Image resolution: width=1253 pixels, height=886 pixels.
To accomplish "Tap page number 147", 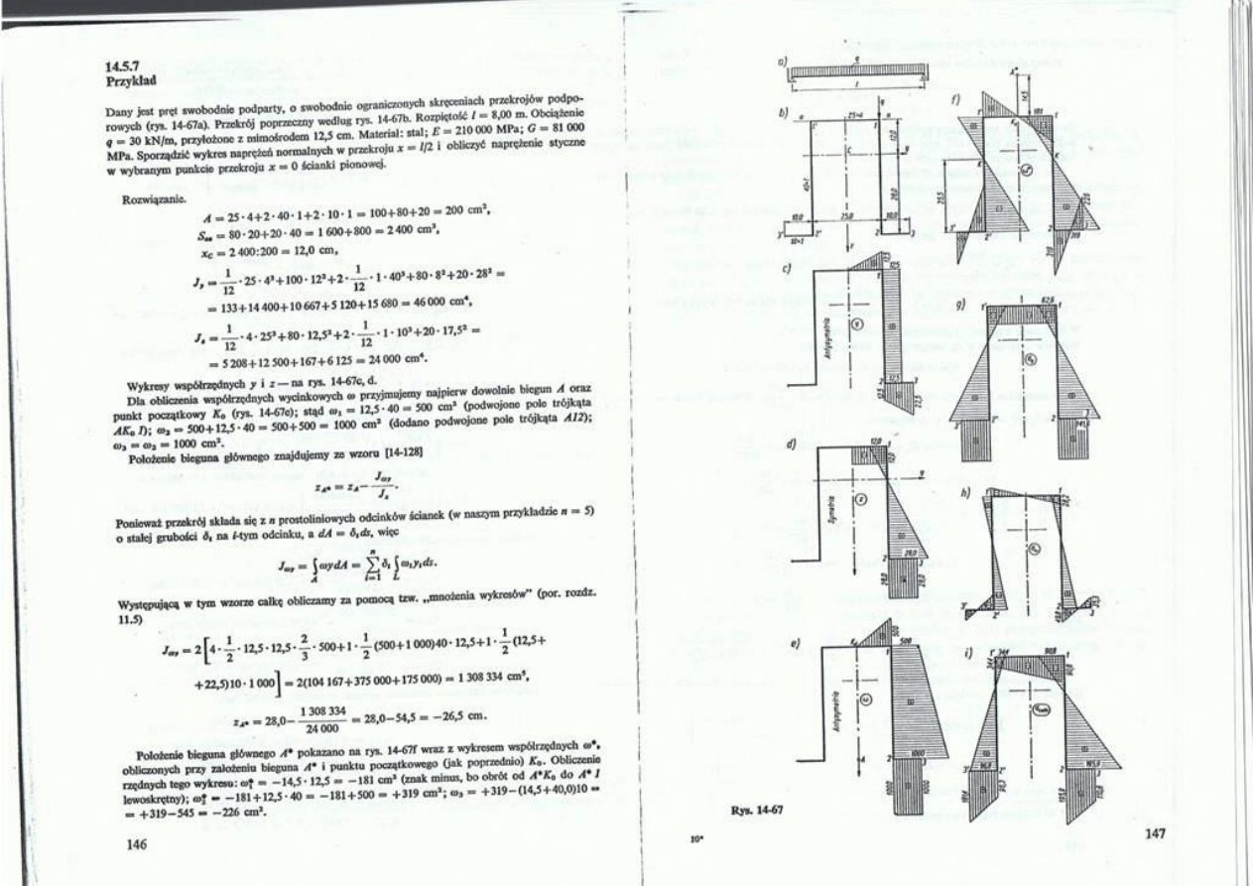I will [x=1153, y=834].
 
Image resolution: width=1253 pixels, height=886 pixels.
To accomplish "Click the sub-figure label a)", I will [x=782, y=62].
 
